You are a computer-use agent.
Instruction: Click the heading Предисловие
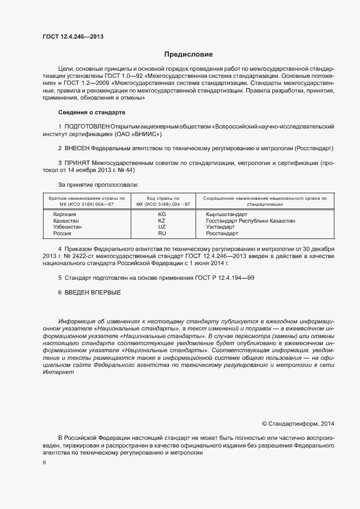pyautogui.click(x=188, y=54)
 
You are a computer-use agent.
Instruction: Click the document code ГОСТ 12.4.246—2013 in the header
pyautogui.click(x=73, y=37)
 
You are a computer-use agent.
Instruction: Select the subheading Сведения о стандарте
pyautogui.click(x=91, y=112)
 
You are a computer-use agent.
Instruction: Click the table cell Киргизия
pyautogui.click(x=64, y=214)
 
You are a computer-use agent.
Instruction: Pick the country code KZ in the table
pyautogui.click(x=162, y=221)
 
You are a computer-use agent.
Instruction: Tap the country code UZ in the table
pyautogui.click(x=162, y=227)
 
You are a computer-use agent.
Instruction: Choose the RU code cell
pyautogui.click(x=162, y=234)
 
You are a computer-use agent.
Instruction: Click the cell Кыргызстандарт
pyautogui.click(x=227, y=214)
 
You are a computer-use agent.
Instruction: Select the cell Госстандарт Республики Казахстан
pyautogui.click(x=251, y=221)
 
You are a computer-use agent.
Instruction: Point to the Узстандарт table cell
pyautogui.click(x=221, y=227)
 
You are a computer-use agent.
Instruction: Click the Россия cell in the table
pyautogui.click(x=62, y=234)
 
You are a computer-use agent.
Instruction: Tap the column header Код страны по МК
pyautogui.click(x=162, y=201)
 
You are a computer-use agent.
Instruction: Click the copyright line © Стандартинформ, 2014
pyautogui.click(x=298, y=423)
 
